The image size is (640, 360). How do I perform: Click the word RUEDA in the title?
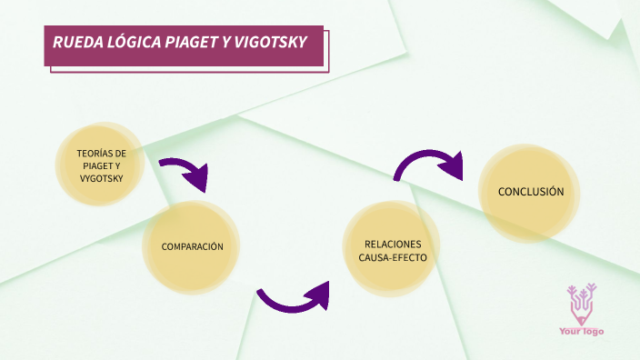tap(75, 43)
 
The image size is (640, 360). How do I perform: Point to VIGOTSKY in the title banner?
tap(269, 43)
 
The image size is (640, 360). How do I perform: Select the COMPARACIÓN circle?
tap(192, 247)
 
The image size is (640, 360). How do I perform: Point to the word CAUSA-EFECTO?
tap(393, 258)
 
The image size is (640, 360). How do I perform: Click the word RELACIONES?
tap(393, 244)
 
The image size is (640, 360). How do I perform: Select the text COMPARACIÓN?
tap(192, 247)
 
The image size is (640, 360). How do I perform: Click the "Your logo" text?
tap(581, 332)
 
